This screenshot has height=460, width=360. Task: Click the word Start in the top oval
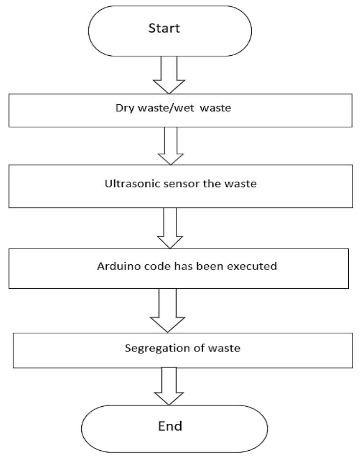coord(164,28)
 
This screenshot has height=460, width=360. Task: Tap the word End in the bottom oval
coord(170,426)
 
